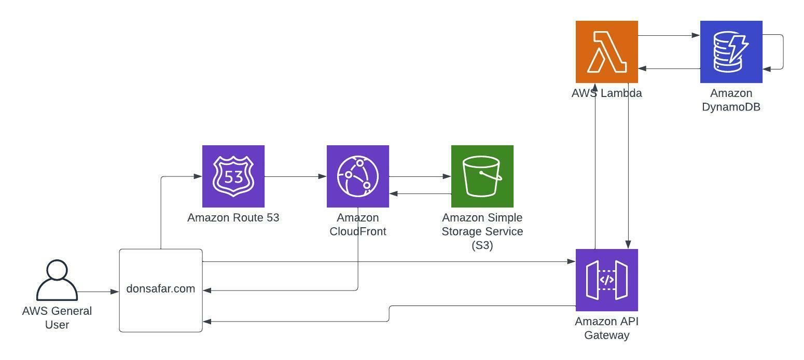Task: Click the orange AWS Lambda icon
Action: (606, 52)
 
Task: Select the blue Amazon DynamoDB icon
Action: (731, 52)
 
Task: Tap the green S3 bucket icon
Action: (482, 176)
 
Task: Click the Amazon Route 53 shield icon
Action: (233, 176)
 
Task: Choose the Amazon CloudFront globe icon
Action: (357, 176)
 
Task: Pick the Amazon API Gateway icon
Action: (606, 280)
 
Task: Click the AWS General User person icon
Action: (57, 280)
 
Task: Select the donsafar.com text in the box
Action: (161, 289)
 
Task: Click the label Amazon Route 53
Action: (233, 218)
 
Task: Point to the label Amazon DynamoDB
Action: (731, 100)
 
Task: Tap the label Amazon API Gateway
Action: (606, 328)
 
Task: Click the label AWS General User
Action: (57, 317)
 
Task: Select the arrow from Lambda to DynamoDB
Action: (669, 36)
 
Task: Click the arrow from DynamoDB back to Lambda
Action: (669, 68)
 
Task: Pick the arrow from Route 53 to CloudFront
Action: (296, 176)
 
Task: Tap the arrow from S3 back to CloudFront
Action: (420, 193)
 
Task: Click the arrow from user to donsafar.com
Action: (99, 292)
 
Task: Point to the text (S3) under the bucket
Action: (482, 245)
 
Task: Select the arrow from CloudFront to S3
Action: (420, 176)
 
